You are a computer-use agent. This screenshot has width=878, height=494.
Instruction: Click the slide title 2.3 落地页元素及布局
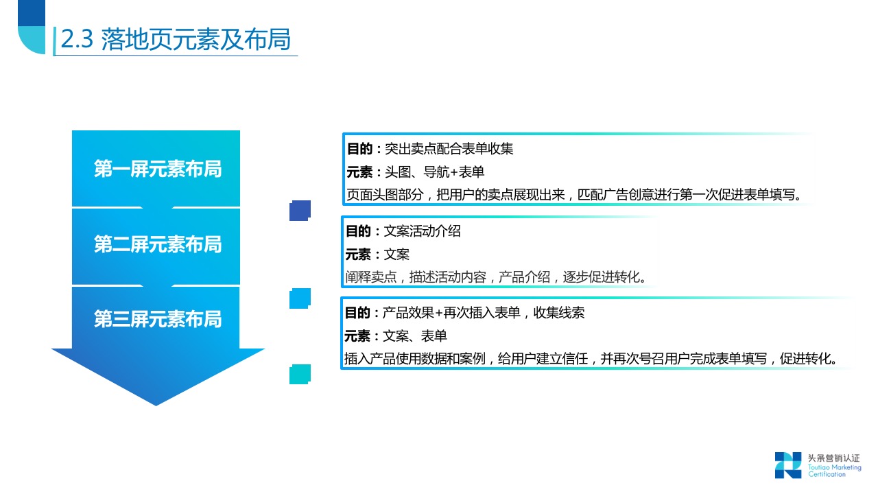pyautogui.click(x=175, y=40)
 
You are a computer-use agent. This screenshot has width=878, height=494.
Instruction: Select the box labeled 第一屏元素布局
pyautogui.click(x=157, y=169)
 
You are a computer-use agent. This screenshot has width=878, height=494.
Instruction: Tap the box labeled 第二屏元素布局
pyautogui.click(x=157, y=244)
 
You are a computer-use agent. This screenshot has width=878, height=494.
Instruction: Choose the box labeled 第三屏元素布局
pyautogui.click(x=157, y=319)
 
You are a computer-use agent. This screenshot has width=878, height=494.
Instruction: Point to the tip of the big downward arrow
pyautogui.click(x=156, y=403)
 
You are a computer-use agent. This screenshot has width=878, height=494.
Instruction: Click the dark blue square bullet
pyautogui.click(x=300, y=211)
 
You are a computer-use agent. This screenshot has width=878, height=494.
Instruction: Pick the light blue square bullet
pyautogui.click(x=300, y=298)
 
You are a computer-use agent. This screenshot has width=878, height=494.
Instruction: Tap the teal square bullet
pyautogui.click(x=300, y=374)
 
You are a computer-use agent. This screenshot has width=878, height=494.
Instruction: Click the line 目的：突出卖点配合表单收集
pyautogui.click(x=429, y=148)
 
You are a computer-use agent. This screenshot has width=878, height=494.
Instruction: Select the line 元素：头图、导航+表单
pyautogui.click(x=415, y=172)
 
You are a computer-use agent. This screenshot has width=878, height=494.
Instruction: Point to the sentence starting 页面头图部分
pyautogui.click(x=573, y=194)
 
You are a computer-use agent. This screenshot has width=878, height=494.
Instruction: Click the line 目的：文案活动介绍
pyautogui.click(x=403, y=231)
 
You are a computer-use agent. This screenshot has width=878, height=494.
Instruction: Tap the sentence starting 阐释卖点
pyautogui.click(x=496, y=277)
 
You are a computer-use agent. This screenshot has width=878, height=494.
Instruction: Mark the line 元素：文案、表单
pyautogui.click(x=396, y=336)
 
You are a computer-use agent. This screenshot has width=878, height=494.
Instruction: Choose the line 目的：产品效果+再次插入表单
pyautogui.click(x=464, y=313)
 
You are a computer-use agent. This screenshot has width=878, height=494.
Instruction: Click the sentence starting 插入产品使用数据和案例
pyautogui.click(x=591, y=359)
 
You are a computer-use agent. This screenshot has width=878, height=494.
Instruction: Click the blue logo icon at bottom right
pyautogui.click(x=787, y=464)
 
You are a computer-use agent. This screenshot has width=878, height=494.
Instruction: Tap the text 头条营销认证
pyautogui.click(x=833, y=458)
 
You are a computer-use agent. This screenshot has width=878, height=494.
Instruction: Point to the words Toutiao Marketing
pyautogui.click(x=834, y=467)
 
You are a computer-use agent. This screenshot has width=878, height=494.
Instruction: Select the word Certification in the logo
pyautogui.click(x=827, y=475)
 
